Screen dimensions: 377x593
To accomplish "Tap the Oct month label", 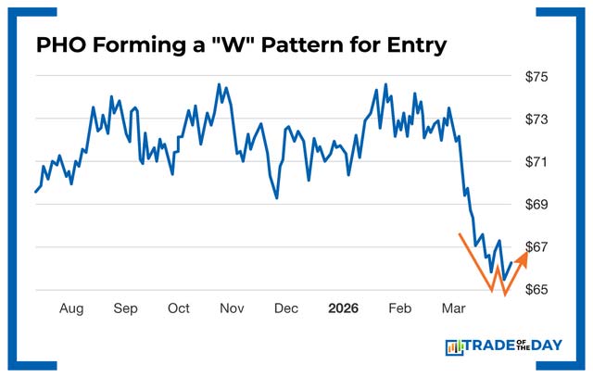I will tap(179, 308).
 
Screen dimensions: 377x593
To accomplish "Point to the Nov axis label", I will tap(232, 308).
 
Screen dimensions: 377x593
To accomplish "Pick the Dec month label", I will tap(286, 308).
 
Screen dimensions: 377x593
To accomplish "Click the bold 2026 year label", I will tap(344, 308).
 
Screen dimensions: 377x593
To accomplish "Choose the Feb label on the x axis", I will tap(400, 308).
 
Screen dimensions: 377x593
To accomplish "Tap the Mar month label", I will tap(454, 308).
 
